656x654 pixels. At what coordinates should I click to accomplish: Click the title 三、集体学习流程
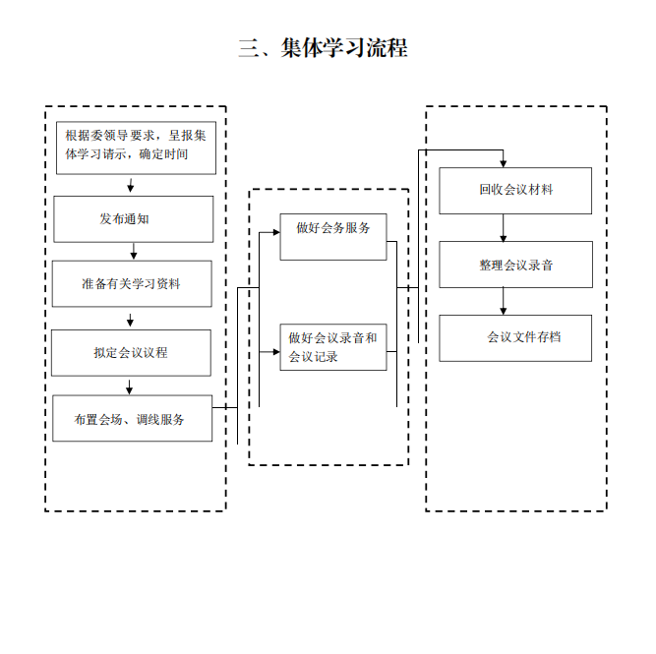323,48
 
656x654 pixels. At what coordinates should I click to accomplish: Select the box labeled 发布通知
134,219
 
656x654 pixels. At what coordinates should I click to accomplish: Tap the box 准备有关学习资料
132,283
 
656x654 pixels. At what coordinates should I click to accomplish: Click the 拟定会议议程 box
131,353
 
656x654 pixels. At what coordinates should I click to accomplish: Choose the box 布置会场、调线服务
132,418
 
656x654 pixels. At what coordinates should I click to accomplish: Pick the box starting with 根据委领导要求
136,148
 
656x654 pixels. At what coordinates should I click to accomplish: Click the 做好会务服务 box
333,237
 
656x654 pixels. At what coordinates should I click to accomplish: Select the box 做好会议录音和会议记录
333,347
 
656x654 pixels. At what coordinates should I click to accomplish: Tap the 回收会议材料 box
515,191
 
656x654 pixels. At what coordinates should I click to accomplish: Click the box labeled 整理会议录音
515,265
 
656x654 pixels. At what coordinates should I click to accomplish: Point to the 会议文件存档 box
515,338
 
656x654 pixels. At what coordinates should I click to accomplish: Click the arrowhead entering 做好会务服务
276,232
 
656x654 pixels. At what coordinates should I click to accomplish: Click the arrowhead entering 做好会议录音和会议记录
276,352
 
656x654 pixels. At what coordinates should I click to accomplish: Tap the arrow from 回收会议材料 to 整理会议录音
503,228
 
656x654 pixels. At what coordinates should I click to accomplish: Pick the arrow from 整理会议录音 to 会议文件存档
503,301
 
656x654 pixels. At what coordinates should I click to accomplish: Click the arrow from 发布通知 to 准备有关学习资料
134,251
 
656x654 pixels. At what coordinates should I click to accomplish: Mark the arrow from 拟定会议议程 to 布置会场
129,387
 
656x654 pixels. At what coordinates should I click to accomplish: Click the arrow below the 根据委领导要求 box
131,185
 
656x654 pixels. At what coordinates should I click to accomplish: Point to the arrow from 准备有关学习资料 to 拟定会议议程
130,320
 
